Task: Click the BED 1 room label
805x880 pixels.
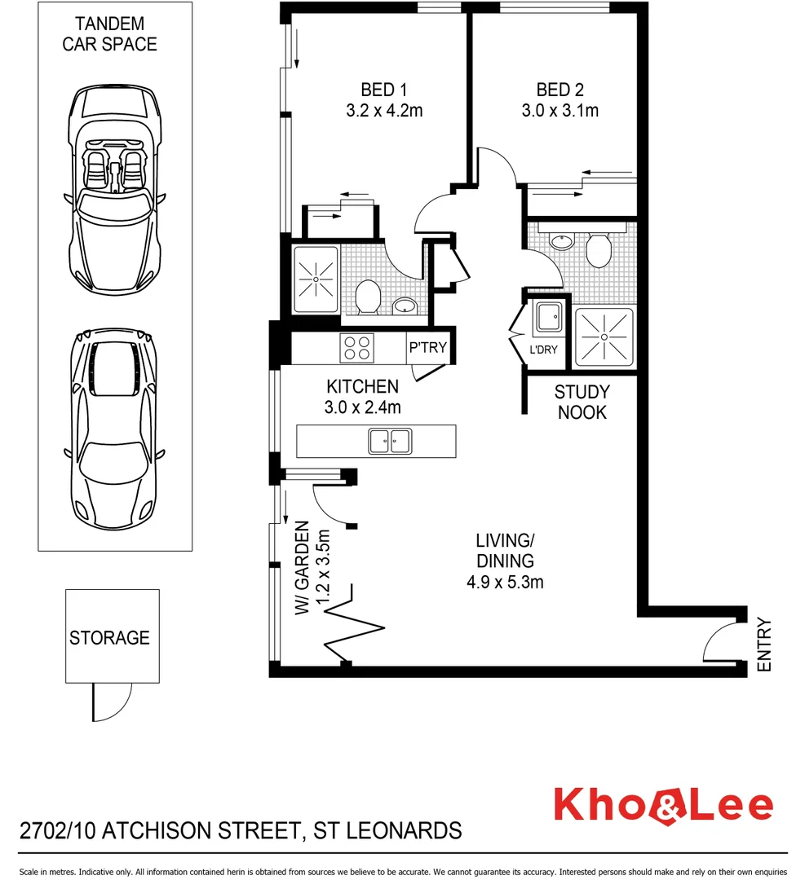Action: pos(383,90)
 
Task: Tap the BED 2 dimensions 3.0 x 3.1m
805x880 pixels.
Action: pos(560,111)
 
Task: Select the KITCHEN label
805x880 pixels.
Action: pos(362,386)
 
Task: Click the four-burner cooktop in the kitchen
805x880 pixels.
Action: pos(357,349)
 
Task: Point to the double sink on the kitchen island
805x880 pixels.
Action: pos(389,441)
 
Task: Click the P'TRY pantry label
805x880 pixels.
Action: pos(427,348)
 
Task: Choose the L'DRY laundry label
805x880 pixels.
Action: pos(543,350)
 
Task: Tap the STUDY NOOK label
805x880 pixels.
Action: pos(582,403)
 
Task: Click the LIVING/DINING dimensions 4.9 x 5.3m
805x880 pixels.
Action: pos(505,582)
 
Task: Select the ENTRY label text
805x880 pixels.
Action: pos(763,645)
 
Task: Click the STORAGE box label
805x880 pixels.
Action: pos(109,637)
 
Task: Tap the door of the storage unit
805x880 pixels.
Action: pos(111,700)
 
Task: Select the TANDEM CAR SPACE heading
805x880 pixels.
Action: pos(109,33)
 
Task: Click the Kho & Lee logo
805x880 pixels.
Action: pos(662,805)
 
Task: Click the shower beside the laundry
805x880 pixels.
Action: pos(604,337)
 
